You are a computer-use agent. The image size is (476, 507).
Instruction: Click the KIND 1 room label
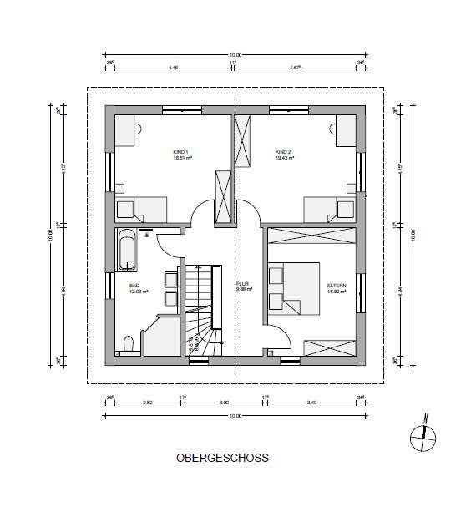click(182, 152)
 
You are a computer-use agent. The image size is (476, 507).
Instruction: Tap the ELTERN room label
click(336, 286)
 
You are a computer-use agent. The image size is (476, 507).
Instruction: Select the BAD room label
click(135, 286)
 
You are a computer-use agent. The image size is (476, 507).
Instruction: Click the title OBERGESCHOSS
click(223, 459)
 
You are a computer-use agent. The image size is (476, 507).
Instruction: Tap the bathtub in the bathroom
click(127, 251)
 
